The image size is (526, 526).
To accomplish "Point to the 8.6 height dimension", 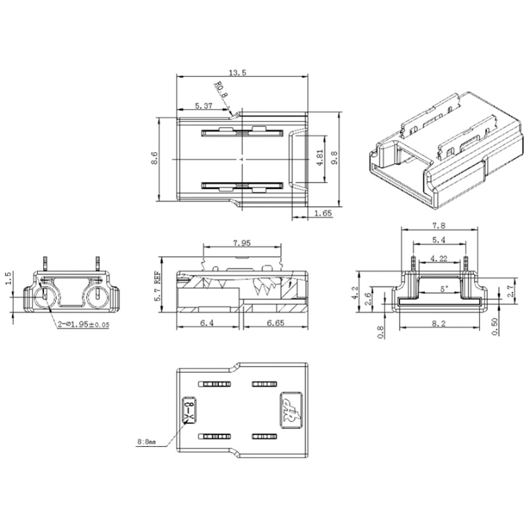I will [x=154, y=158].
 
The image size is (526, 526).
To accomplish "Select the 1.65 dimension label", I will [x=322, y=213].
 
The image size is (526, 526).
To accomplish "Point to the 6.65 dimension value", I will [x=271, y=323].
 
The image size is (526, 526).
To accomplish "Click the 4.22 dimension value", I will [x=439, y=258].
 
